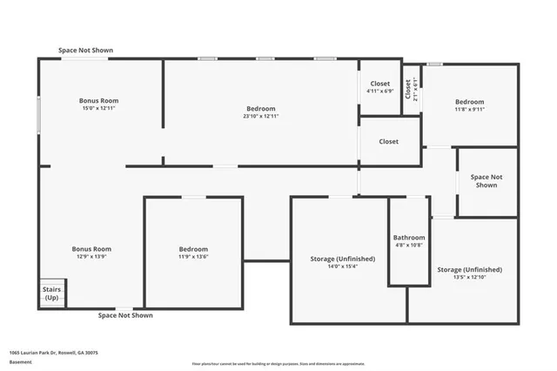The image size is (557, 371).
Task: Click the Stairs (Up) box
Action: pos(50,293)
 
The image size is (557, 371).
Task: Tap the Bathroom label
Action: pos(409,238)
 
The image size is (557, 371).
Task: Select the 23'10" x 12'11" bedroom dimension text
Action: pos(260,116)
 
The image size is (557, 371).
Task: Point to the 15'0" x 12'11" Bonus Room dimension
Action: pos(98,108)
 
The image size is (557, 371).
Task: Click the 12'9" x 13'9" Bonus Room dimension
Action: pos(91,256)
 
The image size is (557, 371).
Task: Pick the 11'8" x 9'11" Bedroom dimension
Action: pos(469,110)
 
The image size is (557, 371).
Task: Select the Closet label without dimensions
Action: pos(389,141)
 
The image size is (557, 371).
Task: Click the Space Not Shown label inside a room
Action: pos(487,181)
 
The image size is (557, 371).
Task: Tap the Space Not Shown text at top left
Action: pos(85,51)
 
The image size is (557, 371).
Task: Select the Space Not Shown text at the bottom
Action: pos(125,315)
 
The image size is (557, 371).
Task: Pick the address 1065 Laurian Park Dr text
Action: pos(53,353)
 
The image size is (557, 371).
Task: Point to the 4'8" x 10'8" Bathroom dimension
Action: pos(408,246)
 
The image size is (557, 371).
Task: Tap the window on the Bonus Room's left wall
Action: pos(38,114)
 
